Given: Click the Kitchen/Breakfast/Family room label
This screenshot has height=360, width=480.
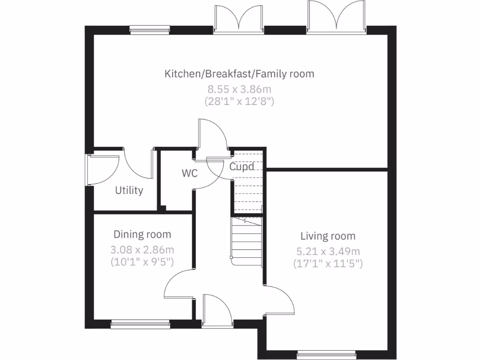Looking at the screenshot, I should (239, 74).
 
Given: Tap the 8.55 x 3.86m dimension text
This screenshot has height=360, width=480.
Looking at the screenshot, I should (239, 88).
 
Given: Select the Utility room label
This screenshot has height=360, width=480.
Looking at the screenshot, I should (129, 190).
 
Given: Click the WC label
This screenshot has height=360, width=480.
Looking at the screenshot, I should (190, 173).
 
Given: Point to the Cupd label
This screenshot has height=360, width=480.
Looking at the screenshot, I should (242, 166).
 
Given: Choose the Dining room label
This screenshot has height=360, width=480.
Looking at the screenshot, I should (142, 234).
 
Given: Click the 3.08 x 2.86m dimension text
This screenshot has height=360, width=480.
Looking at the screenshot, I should (142, 249).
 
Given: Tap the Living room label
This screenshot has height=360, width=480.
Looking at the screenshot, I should (328, 236).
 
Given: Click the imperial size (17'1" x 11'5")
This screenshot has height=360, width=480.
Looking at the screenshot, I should (328, 263).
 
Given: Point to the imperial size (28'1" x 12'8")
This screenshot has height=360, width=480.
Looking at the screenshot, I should (239, 100).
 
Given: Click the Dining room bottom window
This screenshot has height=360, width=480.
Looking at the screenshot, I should (141, 322).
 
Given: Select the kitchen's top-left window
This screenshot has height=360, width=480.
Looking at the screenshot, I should (150, 31).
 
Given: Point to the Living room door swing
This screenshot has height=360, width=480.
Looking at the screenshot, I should (280, 300).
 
